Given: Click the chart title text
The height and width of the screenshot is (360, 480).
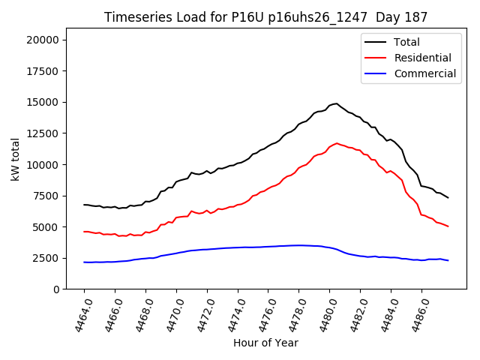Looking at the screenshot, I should [266, 17].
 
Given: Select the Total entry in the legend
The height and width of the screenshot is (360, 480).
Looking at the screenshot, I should [407, 43].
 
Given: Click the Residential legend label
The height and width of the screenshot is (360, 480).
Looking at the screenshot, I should [422, 58].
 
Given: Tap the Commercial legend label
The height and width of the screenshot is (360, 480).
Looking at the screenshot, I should [424, 73].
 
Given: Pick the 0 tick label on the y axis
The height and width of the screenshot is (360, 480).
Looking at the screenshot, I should [56, 289].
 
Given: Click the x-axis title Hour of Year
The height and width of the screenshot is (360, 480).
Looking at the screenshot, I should [265, 343].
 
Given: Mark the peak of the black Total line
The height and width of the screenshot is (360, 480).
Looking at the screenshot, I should [337, 103].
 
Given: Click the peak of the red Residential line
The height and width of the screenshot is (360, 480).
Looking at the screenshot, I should [337, 142].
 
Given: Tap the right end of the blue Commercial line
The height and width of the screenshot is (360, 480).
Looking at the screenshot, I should [448, 260].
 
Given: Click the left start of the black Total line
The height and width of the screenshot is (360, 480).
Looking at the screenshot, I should [84, 205].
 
